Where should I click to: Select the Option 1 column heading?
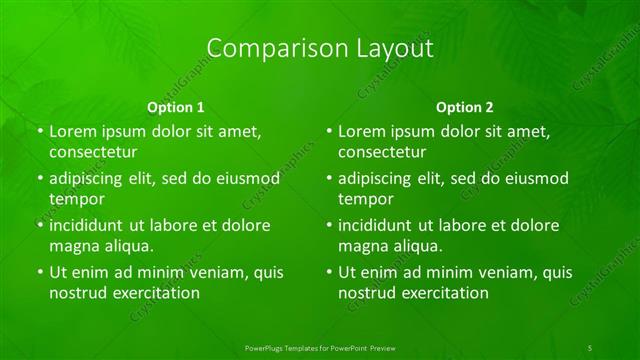coord(176,106)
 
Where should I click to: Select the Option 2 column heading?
coord(465,106)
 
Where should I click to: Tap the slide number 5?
coord(590,347)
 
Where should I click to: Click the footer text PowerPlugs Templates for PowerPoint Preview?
coord(321,347)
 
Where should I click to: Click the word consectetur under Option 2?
coord(381,152)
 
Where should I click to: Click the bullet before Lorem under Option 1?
coord(39,131)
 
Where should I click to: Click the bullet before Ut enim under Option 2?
coord(328,272)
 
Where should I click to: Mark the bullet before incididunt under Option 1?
coord(39,225)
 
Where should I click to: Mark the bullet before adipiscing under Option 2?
coord(328,178)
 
